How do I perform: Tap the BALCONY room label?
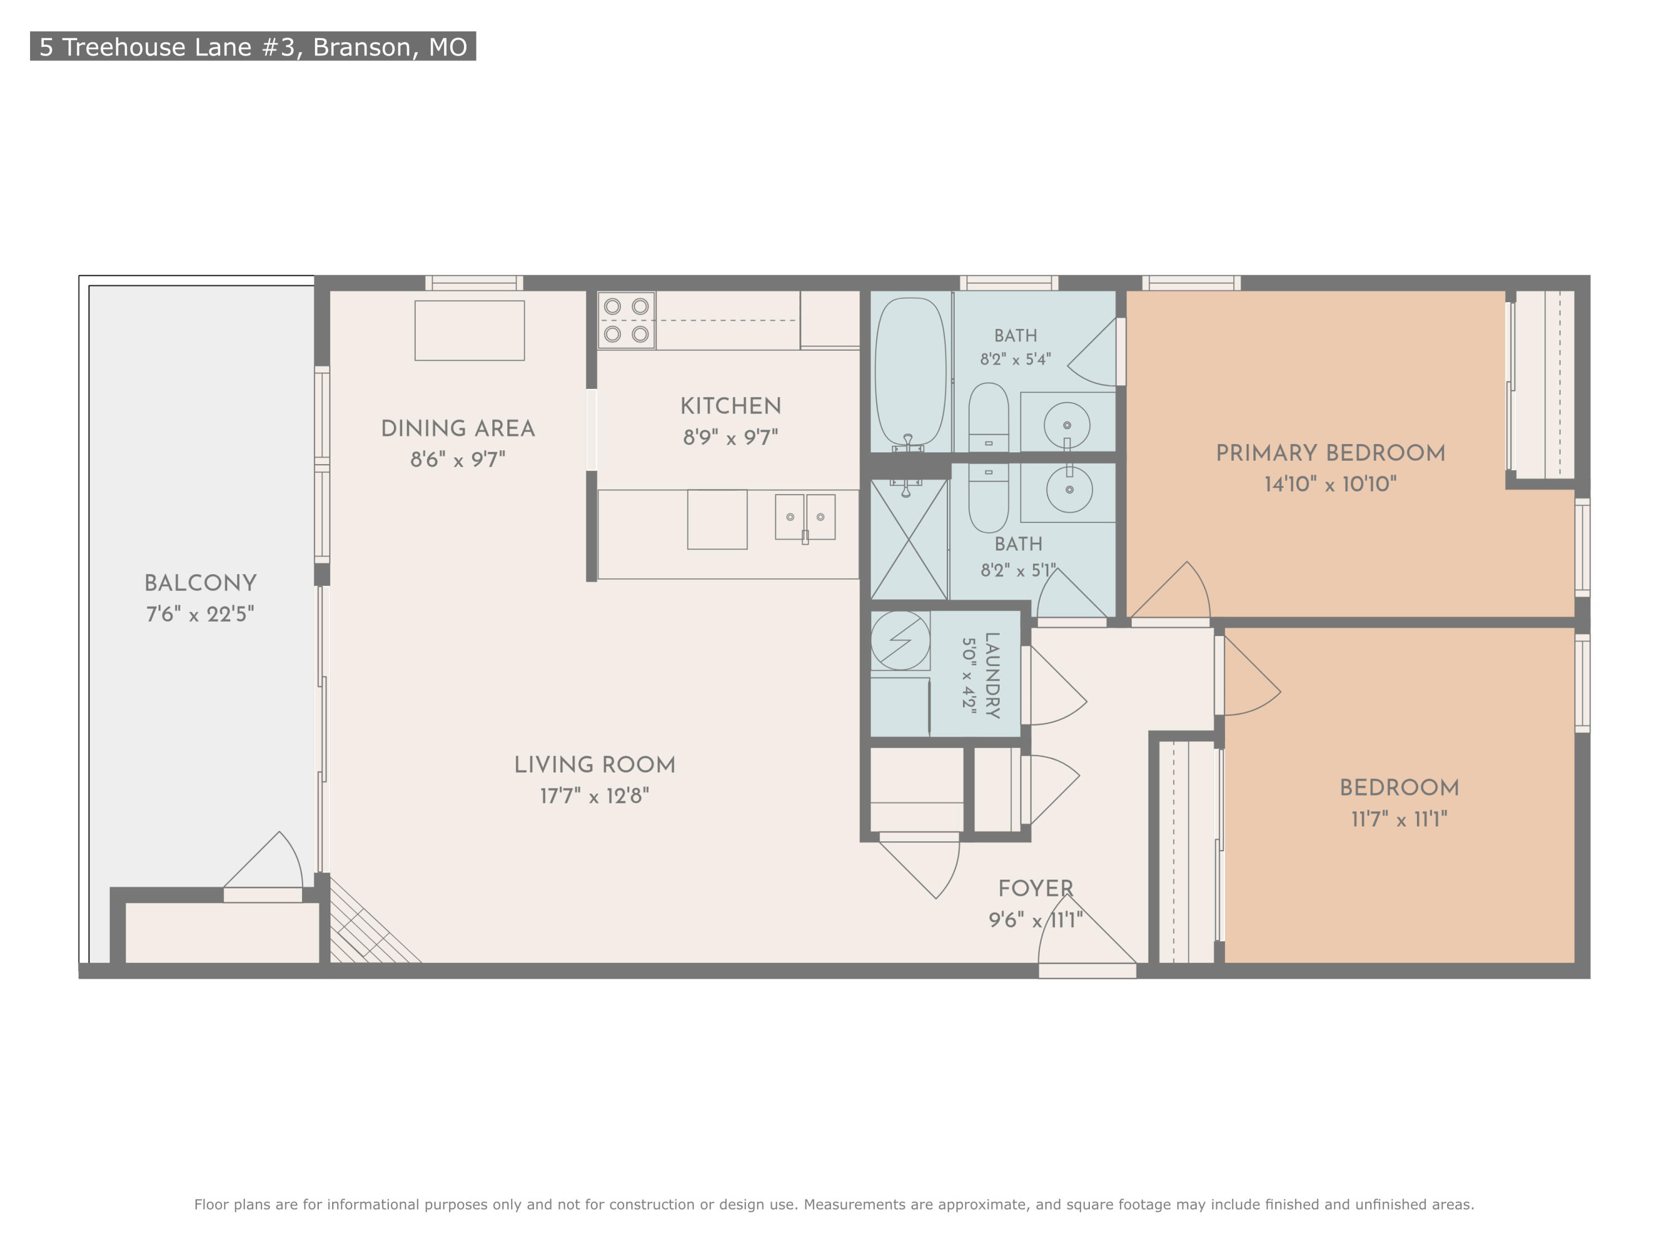(201, 583)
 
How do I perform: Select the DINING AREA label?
(458, 428)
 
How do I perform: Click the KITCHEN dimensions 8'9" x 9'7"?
(730, 437)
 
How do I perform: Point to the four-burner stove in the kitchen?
(626, 320)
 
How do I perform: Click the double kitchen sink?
(805, 517)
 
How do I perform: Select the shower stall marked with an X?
(909, 540)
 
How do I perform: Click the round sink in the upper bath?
(1067, 426)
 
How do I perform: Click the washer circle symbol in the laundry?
(900, 640)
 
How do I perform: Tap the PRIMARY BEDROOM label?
(1331, 454)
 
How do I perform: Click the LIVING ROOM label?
(595, 765)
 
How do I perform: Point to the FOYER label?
(1035, 889)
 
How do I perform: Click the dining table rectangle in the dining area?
(470, 331)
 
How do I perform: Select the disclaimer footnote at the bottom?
(834, 1205)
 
